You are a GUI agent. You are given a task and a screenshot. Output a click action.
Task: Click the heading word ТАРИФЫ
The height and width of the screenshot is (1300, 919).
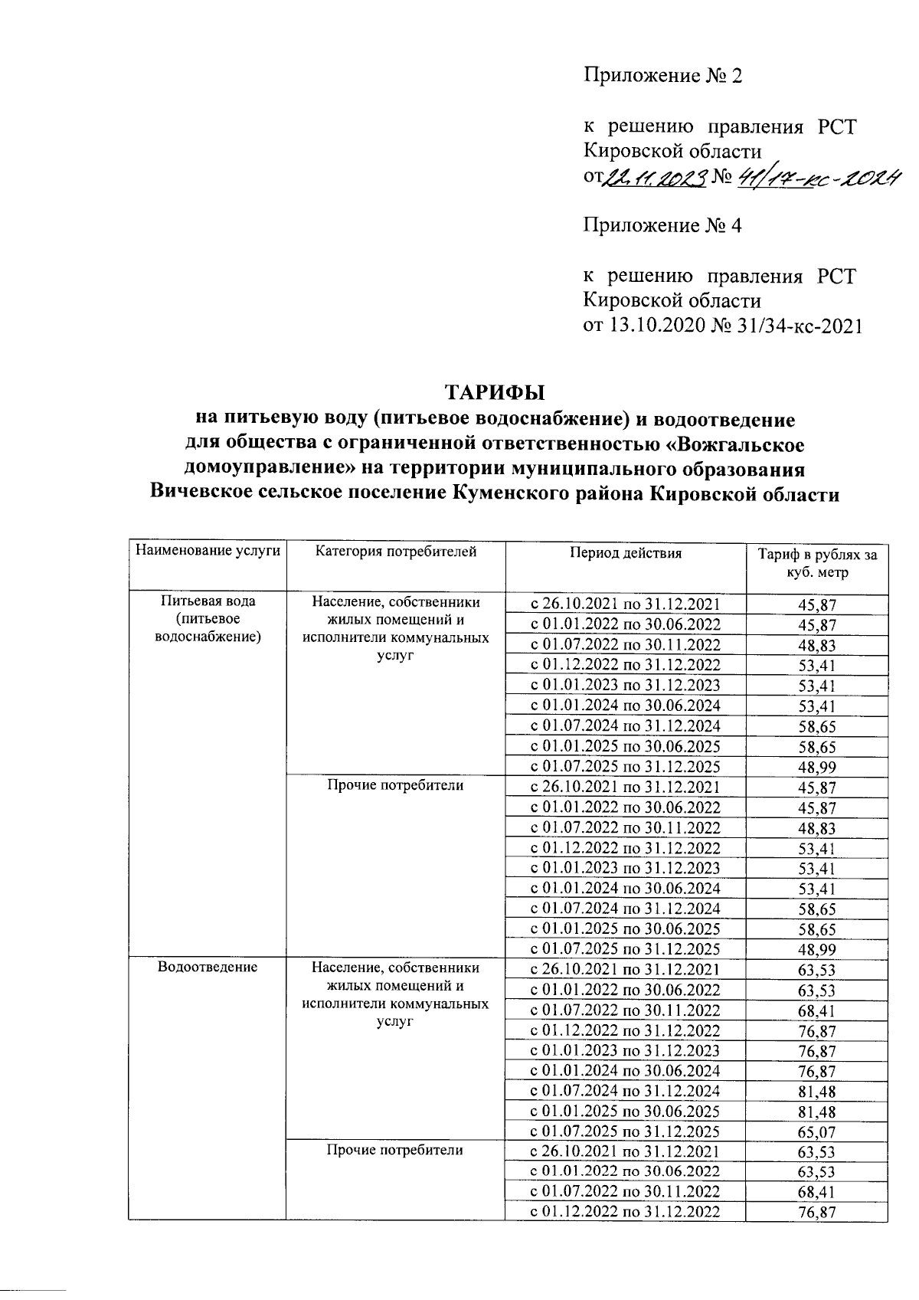[x=495, y=392]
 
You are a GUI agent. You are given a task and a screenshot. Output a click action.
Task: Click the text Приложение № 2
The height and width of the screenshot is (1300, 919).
[x=663, y=76]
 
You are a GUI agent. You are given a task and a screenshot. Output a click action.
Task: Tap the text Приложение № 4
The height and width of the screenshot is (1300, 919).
[x=662, y=226]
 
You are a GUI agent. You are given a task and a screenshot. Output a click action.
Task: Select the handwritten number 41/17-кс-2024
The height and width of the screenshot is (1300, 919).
[x=819, y=178]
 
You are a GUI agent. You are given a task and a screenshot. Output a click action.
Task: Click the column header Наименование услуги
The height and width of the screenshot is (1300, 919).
[x=208, y=552]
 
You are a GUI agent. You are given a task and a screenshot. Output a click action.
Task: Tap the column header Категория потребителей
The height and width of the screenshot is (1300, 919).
[x=395, y=552]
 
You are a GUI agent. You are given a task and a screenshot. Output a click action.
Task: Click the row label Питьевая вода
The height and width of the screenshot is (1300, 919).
[x=208, y=602]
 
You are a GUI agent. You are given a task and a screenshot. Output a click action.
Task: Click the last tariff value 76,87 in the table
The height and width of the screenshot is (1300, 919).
[x=816, y=1212]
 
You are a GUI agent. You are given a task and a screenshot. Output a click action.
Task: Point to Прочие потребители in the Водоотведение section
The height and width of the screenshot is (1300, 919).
[x=395, y=1150]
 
